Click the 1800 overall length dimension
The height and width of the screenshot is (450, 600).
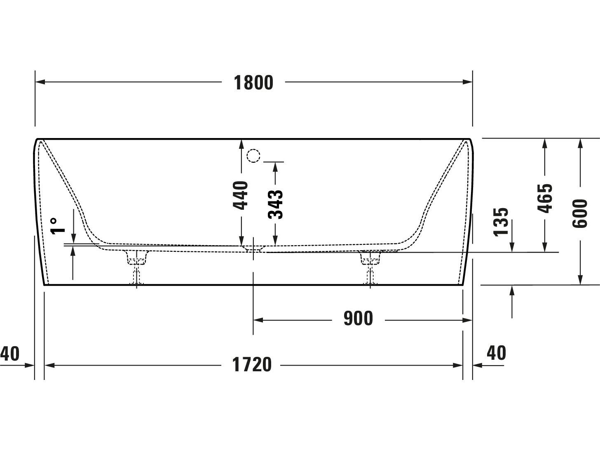[253, 82]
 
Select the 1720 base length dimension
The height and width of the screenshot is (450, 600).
[252, 365]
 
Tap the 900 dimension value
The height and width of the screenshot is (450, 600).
[358, 319]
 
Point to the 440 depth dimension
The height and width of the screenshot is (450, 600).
[241, 195]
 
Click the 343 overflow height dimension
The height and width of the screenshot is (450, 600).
[275, 204]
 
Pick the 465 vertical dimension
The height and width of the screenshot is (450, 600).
[545, 198]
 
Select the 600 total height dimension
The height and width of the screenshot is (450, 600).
[580, 213]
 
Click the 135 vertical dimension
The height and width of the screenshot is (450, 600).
[501, 222]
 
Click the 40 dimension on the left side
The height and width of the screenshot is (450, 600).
[10, 354]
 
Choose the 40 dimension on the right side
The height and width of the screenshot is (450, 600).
[496, 353]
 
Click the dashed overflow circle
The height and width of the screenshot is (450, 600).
[253, 156]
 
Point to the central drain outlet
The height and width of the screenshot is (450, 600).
[253, 248]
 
